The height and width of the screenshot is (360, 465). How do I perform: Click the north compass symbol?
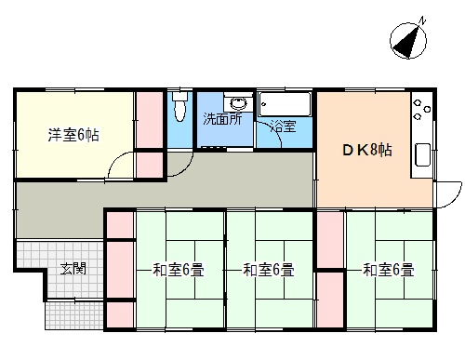[x=408, y=40]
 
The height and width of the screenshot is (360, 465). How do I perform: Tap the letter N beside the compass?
[x=422, y=21]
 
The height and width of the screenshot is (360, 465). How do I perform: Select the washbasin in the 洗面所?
[x=238, y=103]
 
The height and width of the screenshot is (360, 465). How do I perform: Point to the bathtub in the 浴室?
[x=285, y=104]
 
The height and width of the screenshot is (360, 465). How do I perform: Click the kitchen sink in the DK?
[x=422, y=154]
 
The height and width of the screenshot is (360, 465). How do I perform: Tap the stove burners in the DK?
[x=421, y=109]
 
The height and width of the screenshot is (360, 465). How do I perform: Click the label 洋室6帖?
[x=73, y=136]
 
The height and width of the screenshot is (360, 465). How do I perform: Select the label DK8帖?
[x=367, y=151]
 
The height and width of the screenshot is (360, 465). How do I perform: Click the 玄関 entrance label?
[x=73, y=269]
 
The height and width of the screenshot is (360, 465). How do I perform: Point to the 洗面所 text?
[x=222, y=119]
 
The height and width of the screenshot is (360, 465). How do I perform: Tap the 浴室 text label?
[x=283, y=127]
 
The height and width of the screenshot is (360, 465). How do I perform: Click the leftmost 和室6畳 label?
[x=179, y=270]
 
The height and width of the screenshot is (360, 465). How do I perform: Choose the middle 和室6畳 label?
[x=269, y=270]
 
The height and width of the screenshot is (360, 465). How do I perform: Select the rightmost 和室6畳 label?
[x=389, y=270]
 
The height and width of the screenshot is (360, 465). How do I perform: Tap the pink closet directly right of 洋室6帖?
[x=150, y=120]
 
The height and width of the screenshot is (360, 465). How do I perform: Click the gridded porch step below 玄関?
[x=74, y=315]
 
